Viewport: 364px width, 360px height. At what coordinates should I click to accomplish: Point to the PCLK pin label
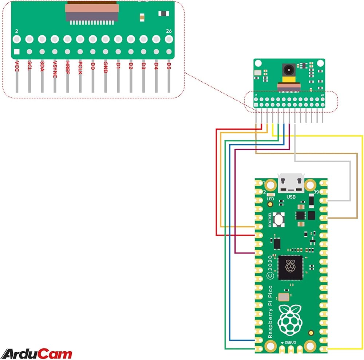(80, 68)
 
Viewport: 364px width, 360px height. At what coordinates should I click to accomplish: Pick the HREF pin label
(67, 67)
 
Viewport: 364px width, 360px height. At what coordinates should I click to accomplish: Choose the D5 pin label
(169, 66)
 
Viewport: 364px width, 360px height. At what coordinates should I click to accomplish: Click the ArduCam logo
(37, 353)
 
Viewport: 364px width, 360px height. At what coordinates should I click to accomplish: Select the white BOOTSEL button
(280, 219)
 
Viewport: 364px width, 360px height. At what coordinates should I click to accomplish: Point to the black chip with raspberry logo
(290, 267)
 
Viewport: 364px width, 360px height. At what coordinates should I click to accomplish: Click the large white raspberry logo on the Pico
(290, 321)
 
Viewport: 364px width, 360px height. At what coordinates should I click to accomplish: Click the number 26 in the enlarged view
(168, 31)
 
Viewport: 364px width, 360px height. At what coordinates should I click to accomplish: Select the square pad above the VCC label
(16, 52)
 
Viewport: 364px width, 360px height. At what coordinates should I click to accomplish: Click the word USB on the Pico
(291, 197)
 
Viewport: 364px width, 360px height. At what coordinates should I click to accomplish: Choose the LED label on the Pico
(270, 199)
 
